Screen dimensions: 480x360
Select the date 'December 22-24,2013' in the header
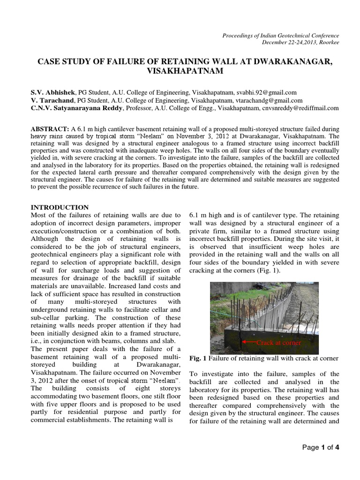[285, 42]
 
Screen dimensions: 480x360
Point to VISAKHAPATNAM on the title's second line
[180, 72]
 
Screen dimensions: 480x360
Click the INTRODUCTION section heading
[60, 207]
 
